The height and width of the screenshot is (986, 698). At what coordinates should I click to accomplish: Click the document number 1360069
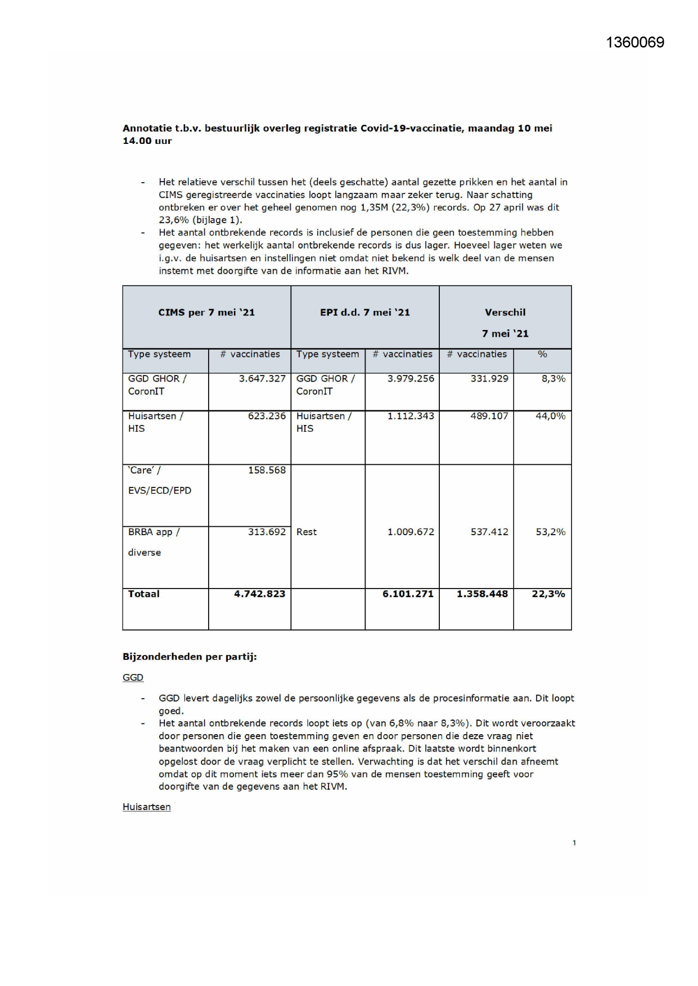point(635,43)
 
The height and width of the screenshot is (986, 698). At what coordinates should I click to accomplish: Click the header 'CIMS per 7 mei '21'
point(206,313)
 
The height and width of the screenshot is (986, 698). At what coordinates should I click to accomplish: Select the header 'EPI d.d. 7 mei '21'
point(365,313)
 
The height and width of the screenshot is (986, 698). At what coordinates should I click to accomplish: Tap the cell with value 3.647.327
point(262,379)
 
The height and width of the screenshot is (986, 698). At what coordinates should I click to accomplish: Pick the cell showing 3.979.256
point(411,379)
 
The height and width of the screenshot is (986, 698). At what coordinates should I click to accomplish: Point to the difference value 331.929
point(489,379)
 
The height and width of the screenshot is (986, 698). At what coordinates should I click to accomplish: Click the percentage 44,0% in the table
point(550,416)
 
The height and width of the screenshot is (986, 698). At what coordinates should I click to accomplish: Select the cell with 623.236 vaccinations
point(267,416)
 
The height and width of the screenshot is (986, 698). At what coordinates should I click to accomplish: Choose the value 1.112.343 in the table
point(411,416)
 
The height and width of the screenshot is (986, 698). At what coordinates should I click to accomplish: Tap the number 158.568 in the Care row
point(267,470)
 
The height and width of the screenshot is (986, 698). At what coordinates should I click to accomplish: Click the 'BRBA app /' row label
point(154,532)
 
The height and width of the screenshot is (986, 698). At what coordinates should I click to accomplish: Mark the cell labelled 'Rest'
point(307,532)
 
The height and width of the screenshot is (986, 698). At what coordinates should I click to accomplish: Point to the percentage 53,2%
point(550,532)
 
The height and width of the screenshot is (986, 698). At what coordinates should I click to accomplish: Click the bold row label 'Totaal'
point(143,594)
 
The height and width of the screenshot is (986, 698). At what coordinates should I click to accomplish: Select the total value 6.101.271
point(408,594)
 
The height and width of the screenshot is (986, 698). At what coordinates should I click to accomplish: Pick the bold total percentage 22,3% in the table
point(548,594)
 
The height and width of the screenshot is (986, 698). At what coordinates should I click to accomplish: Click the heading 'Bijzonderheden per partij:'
point(190,657)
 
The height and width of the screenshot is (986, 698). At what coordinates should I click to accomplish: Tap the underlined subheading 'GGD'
point(133,677)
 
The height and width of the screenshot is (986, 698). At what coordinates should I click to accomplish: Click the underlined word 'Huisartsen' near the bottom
point(147,807)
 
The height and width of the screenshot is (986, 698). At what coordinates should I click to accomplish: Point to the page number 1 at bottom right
point(574,843)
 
